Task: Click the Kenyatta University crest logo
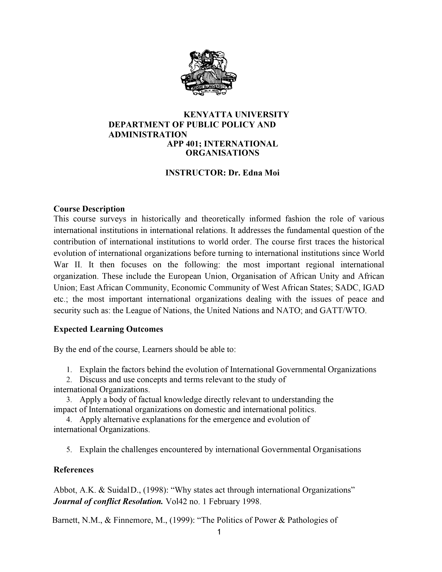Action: point(209,73)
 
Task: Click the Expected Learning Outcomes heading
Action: point(108,329)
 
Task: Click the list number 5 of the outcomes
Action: point(69,450)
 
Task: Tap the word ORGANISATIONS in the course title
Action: point(222,153)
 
